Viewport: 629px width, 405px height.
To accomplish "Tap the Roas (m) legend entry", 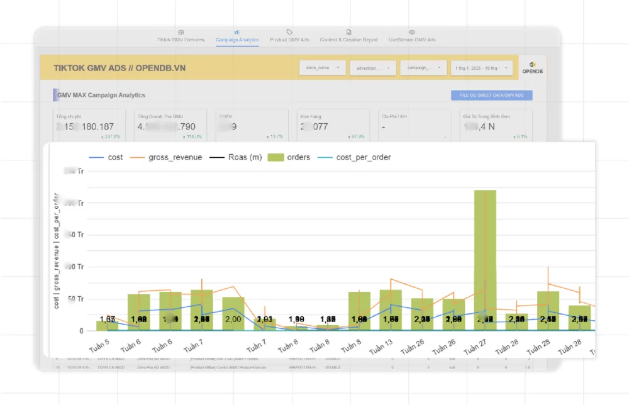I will pyautogui.click(x=235, y=157).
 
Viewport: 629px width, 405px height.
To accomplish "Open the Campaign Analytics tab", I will pyautogui.click(x=237, y=40).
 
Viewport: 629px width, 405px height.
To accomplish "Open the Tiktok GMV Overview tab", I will pyautogui.click(x=181, y=40).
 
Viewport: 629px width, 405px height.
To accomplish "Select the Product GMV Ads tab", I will pyautogui.click(x=289, y=40).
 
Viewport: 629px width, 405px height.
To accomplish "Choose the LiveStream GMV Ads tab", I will pyautogui.click(x=412, y=40).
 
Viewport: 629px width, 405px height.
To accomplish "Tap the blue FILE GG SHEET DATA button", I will pyautogui.click(x=491, y=96).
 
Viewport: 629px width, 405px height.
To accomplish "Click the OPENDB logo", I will pyautogui.click(x=532, y=67).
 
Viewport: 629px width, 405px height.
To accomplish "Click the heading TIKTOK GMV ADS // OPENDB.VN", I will pyautogui.click(x=120, y=67).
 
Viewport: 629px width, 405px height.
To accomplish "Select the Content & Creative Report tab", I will pyautogui.click(x=348, y=40).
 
